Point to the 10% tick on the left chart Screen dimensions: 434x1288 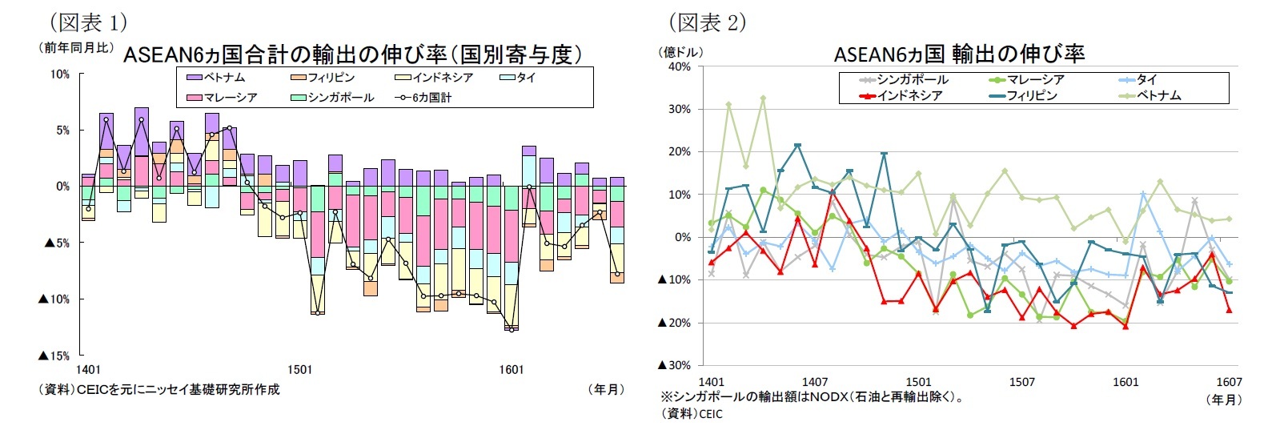(x=60, y=74)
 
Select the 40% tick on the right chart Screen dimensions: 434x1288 (x=679, y=67)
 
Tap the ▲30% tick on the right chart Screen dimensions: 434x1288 (x=674, y=365)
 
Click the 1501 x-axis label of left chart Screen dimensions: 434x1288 (x=299, y=370)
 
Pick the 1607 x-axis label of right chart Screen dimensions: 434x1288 (x=1229, y=382)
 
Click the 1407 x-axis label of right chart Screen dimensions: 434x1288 (x=814, y=382)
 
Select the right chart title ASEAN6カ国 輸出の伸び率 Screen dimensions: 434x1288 (x=959, y=54)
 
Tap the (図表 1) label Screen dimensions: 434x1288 (x=88, y=22)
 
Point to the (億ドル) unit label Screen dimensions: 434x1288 (x=680, y=52)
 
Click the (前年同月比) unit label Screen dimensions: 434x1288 (x=76, y=48)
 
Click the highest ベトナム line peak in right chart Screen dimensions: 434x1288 (x=763, y=98)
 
